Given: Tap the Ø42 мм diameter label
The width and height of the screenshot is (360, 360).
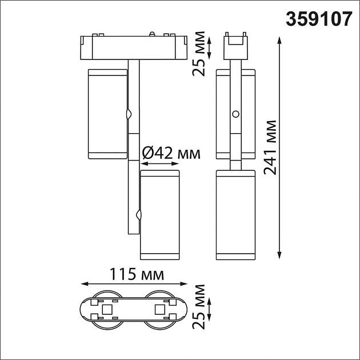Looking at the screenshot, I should click(x=170, y=153).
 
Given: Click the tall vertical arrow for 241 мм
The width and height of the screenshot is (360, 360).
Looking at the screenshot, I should click(x=279, y=147).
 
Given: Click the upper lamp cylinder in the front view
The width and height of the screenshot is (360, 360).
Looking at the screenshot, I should click(x=107, y=114).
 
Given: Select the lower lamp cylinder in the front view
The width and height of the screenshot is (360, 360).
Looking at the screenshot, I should click(x=160, y=214).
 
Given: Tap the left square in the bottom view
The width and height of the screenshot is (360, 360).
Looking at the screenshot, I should click(x=106, y=310).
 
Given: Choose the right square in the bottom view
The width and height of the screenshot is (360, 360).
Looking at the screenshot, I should click(x=159, y=310).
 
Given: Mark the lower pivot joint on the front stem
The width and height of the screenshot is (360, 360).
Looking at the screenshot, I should click(x=138, y=215).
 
